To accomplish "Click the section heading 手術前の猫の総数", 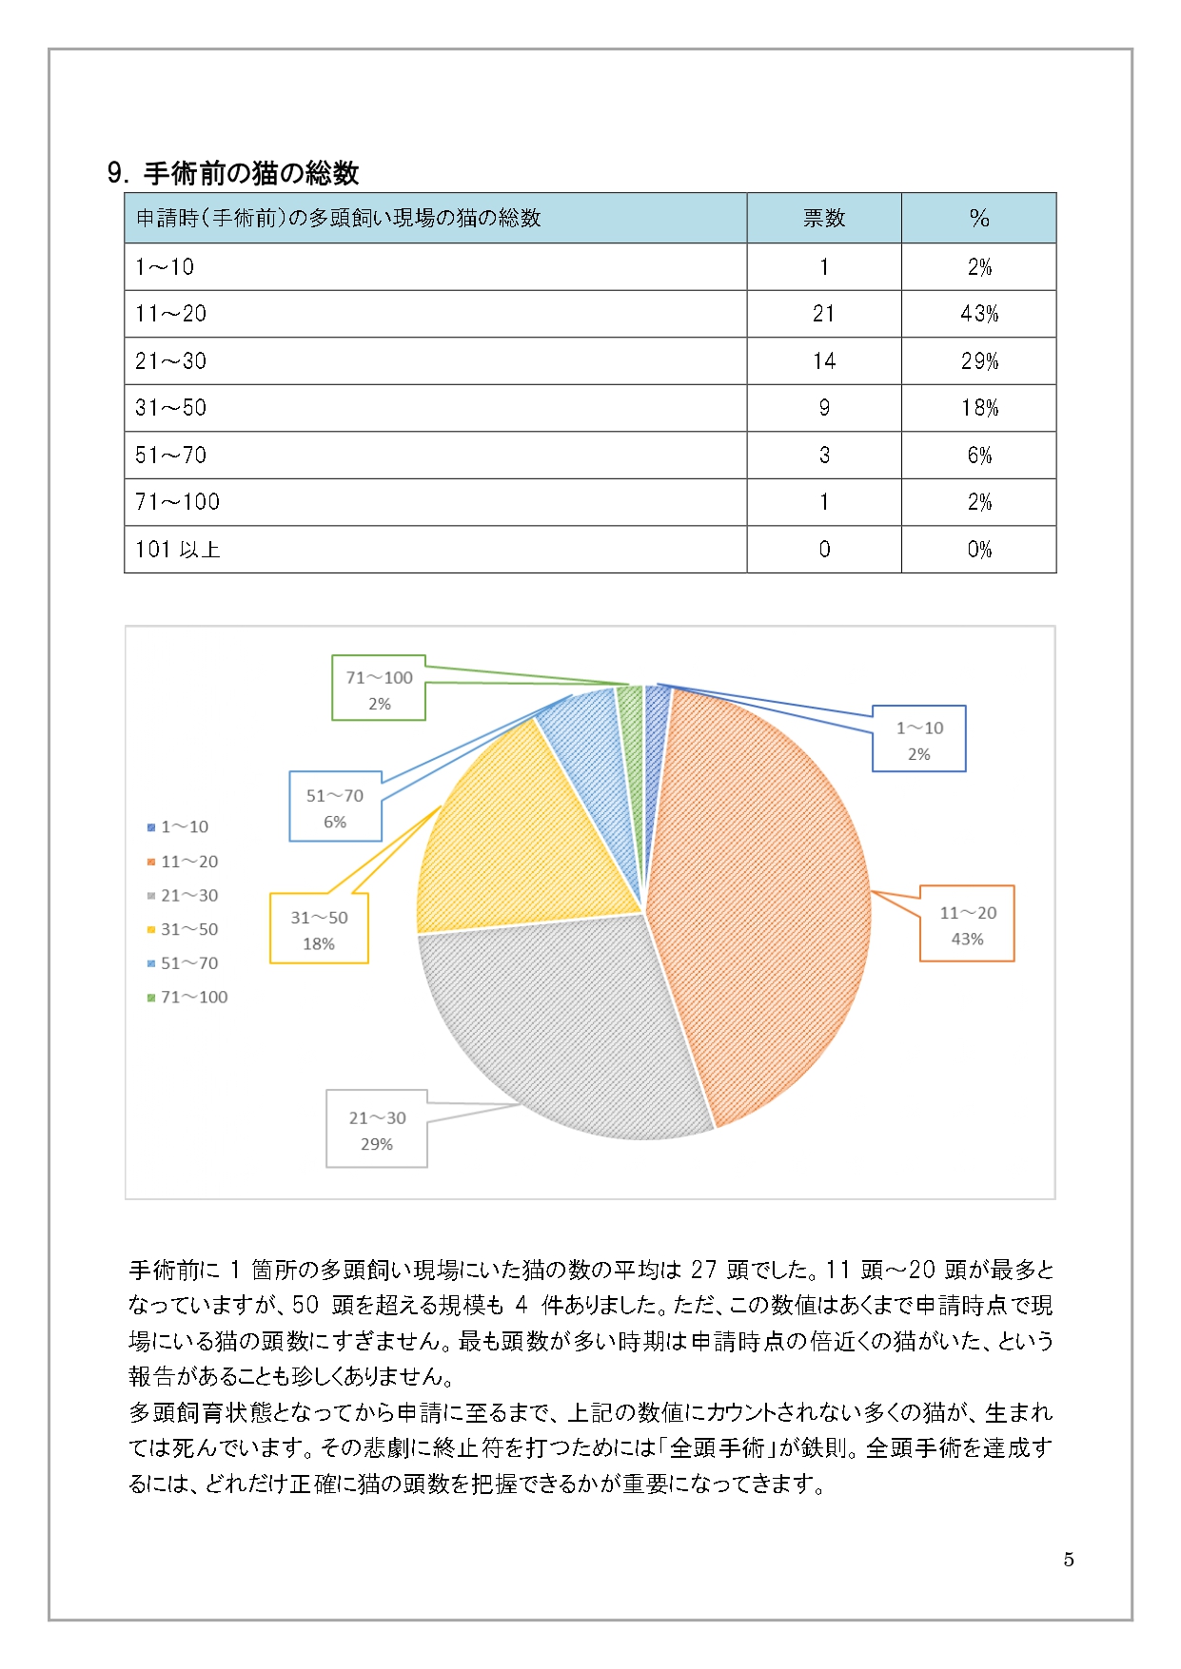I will [250, 173].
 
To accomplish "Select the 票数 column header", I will [823, 219].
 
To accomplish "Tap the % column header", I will [978, 219].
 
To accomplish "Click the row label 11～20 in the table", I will [170, 314].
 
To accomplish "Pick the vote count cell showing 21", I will [823, 314].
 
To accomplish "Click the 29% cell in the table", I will [978, 361].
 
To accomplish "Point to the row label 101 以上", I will [178, 550].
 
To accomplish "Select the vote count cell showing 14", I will [823, 361].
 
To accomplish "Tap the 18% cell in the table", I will [978, 408].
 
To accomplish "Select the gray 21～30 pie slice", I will [561, 1027].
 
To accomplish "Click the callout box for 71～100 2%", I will [379, 690].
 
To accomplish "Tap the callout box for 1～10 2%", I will [918, 740].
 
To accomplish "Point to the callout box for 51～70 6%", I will [335, 807].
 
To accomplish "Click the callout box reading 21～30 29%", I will [377, 1130].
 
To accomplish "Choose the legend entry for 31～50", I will [188, 929].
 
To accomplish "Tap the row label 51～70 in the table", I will [170, 456].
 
